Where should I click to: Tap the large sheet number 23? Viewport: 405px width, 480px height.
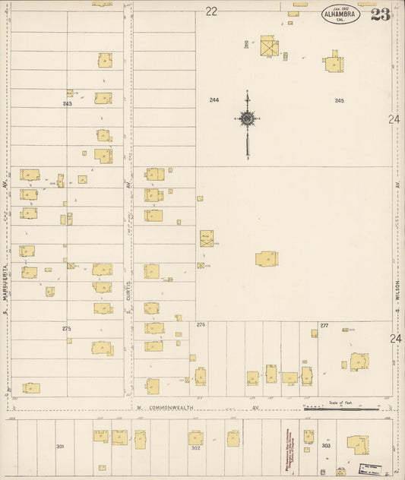(x=381, y=14)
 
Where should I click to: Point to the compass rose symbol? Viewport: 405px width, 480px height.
(x=247, y=118)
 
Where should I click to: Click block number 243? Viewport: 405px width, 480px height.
(x=67, y=103)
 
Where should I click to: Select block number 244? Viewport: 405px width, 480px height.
(x=214, y=100)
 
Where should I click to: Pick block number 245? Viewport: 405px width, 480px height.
(x=339, y=100)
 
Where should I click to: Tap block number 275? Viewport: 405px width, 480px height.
(x=66, y=327)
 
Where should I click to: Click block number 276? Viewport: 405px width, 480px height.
(x=201, y=324)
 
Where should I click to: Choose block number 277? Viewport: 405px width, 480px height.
(x=324, y=324)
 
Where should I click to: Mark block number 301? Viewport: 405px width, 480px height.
(x=60, y=447)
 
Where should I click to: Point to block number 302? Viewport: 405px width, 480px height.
(x=195, y=448)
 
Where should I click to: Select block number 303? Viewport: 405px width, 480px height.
(x=326, y=446)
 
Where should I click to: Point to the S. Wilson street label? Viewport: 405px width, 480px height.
(x=397, y=289)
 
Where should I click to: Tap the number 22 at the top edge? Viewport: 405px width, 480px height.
(x=210, y=11)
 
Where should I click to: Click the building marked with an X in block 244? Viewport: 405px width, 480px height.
(x=269, y=48)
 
